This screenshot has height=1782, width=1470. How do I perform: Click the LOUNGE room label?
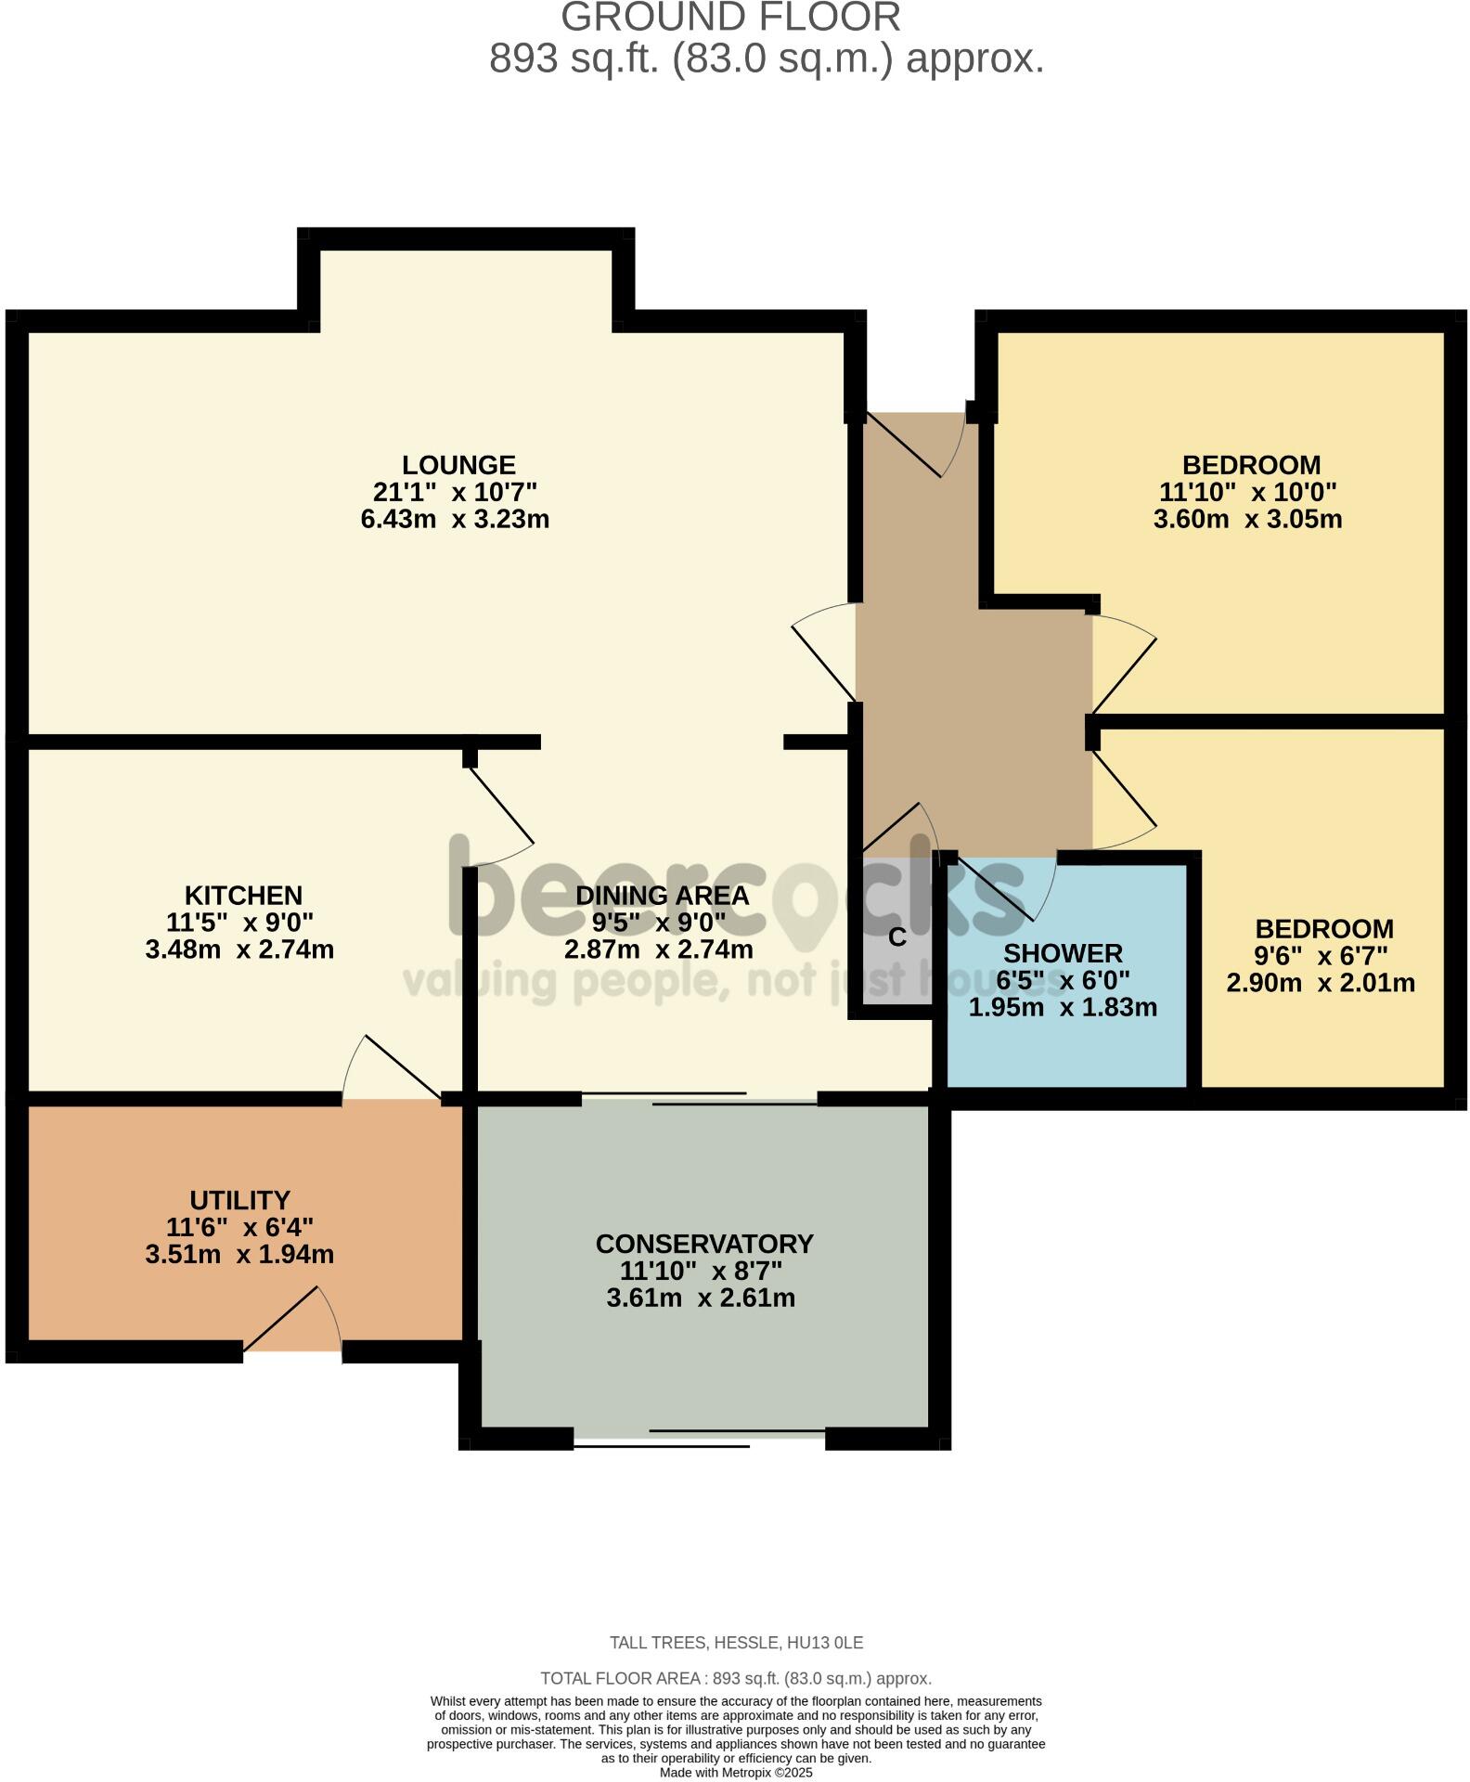[458, 465]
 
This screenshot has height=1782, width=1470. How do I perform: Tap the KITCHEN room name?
[243, 896]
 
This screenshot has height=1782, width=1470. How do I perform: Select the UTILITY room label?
[239, 1200]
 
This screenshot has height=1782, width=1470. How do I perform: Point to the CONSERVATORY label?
[704, 1244]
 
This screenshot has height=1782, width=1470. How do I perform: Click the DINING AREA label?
[662, 896]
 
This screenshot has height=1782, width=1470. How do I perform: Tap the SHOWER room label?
[1063, 953]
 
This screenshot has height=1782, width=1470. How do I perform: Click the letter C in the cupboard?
[896, 937]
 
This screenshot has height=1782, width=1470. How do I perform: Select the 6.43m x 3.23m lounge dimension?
[455, 519]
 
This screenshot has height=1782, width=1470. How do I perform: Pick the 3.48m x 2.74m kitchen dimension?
[239, 949]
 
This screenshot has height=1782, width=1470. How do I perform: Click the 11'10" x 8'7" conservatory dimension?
[701, 1271]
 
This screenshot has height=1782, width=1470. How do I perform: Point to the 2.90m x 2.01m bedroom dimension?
[1321, 982]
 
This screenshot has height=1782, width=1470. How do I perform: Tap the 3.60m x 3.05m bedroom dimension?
[1247, 519]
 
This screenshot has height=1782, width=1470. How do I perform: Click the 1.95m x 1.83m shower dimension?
[1063, 1007]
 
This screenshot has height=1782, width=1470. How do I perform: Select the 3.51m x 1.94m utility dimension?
[239, 1255]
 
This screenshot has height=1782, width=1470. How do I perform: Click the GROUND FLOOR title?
[730, 19]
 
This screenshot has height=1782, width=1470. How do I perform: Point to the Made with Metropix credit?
[736, 1773]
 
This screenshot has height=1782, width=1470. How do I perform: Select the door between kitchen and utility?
[392, 1081]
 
